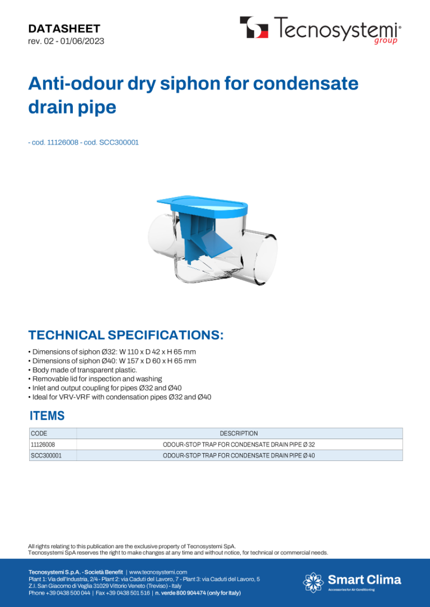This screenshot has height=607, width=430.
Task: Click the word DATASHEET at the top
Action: pyautogui.click(x=64, y=29)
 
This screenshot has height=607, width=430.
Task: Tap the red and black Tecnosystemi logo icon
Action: pyautogui.click(x=254, y=27)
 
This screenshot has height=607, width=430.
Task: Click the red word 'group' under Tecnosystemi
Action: pyautogui.click(x=386, y=41)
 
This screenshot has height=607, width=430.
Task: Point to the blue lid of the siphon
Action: pyautogui.click(x=202, y=205)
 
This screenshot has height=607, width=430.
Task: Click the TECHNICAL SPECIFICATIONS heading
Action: pyautogui.click(x=126, y=335)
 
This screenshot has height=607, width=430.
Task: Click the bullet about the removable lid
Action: pyautogui.click(x=95, y=379)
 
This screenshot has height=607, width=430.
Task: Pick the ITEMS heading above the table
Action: pyautogui.click(x=47, y=416)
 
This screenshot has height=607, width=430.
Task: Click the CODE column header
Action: pyautogui.click(x=39, y=434)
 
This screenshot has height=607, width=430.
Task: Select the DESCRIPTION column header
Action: pyautogui.click(x=239, y=434)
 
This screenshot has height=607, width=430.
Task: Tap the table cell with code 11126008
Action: pyautogui.click(x=53, y=444)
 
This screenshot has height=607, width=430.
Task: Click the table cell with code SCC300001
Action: pyautogui.click(x=53, y=455)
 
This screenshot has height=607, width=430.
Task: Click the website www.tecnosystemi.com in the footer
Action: pyautogui.click(x=158, y=572)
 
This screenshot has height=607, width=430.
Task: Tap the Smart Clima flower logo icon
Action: pyautogui.click(x=313, y=582)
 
